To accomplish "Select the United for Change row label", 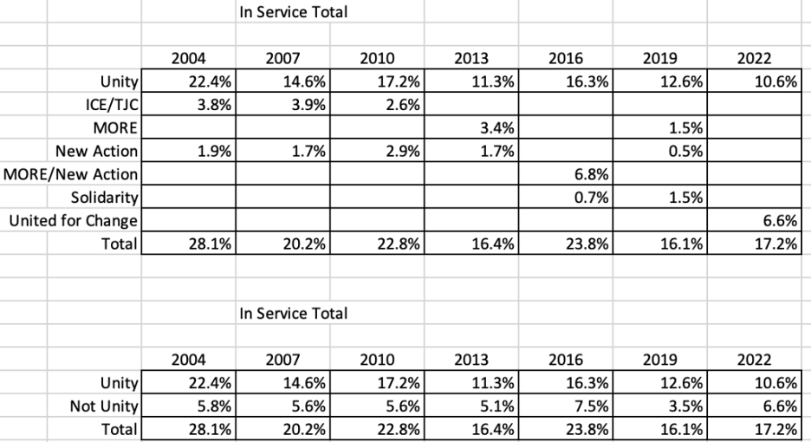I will pyautogui.click(x=73, y=221).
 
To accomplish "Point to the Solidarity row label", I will pyautogui.click(x=105, y=198).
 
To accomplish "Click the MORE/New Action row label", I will pyautogui.click(x=71, y=175).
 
